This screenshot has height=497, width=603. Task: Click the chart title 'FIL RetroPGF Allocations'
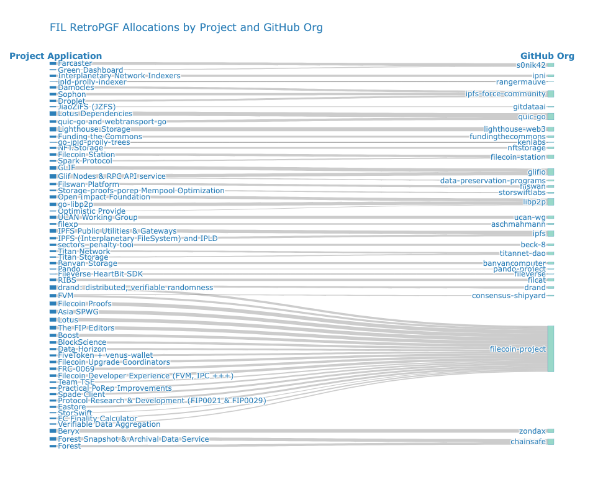[186, 28]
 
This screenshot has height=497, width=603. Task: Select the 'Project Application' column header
[56, 56]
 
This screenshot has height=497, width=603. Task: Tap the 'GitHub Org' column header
[547, 56]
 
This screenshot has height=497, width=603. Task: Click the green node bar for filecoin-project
[550, 349]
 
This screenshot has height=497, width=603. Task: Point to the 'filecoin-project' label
[517, 349]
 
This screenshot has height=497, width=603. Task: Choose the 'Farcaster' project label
[75, 63]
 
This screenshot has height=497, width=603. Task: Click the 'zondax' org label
[532, 431]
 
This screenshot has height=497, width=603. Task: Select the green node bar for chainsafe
[550, 442]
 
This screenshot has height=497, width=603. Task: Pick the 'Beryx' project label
[68, 431]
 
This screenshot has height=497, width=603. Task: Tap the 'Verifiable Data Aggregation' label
[109, 424]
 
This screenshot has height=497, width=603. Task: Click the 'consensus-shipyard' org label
[509, 296]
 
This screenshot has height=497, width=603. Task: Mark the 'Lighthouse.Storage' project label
[94, 129]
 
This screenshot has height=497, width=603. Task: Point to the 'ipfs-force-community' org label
[506, 94]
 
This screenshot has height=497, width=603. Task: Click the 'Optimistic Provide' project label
[91, 211]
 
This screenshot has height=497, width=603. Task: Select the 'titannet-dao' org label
[522, 253]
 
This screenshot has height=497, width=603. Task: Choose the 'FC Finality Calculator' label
[97, 419]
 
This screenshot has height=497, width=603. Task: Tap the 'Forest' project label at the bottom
[69, 445]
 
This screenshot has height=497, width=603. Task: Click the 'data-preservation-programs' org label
[492, 181]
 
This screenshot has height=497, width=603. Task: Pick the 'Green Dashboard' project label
[90, 70]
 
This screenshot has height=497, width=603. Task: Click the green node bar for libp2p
[550, 202]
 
